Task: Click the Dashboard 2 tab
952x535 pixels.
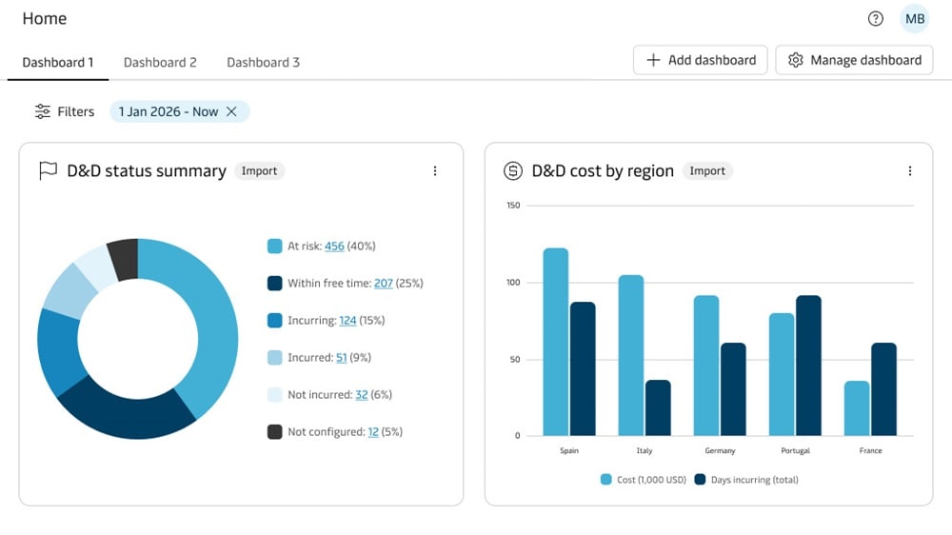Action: coord(160,62)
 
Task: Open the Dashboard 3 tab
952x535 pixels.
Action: coord(263,62)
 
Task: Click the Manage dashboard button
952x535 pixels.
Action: coord(854,60)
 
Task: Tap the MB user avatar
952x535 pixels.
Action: coord(914,19)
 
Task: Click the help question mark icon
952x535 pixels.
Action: coord(876,19)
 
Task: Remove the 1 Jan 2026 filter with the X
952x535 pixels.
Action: coord(231,111)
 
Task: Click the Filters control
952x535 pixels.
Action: coord(65,111)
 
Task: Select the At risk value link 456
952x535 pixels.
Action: coord(334,246)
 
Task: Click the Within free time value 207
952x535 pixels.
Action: coord(384,283)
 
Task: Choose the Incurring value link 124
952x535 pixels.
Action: coord(347,321)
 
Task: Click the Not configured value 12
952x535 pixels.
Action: coord(373,432)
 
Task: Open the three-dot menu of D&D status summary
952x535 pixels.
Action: coord(435,171)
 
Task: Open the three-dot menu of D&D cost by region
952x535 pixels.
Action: coord(909,171)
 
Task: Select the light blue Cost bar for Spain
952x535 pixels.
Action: coord(556,343)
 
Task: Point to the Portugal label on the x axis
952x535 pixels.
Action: coord(794,450)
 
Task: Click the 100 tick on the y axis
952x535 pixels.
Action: coord(513,283)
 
